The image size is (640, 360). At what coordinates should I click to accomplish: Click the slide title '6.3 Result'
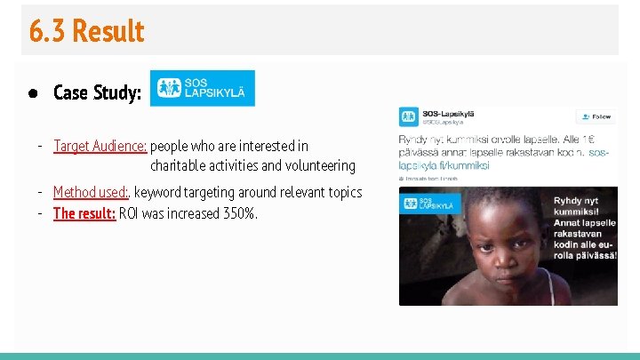[x=86, y=31]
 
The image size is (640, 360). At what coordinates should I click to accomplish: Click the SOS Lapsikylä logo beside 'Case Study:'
[x=202, y=88]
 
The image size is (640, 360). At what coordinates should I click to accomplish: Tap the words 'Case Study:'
[x=97, y=92]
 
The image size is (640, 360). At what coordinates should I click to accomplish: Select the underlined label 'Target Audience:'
[x=100, y=146]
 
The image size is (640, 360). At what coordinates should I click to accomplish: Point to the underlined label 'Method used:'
[x=92, y=192]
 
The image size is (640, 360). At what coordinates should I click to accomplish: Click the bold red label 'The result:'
[x=84, y=213]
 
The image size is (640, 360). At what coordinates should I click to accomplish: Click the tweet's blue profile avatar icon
[x=408, y=116]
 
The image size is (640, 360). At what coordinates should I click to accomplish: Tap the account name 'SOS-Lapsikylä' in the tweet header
[x=448, y=113]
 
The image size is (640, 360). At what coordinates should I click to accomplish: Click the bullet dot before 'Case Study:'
[x=33, y=92]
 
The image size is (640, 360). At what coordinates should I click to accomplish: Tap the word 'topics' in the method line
[x=343, y=192]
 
